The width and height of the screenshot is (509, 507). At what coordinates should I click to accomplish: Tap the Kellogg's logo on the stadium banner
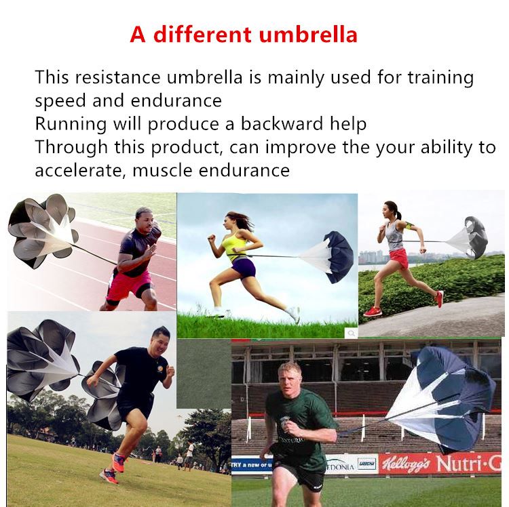click(x=405, y=464)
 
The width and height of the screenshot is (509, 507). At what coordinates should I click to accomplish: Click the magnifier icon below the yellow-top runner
click(x=351, y=332)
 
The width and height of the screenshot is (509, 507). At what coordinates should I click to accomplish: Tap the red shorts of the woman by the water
click(x=398, y=258)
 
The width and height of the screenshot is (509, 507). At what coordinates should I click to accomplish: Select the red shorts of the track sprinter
click(x=123, y=283)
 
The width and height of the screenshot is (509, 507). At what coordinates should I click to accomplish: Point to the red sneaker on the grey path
click(x=374, y=310)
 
